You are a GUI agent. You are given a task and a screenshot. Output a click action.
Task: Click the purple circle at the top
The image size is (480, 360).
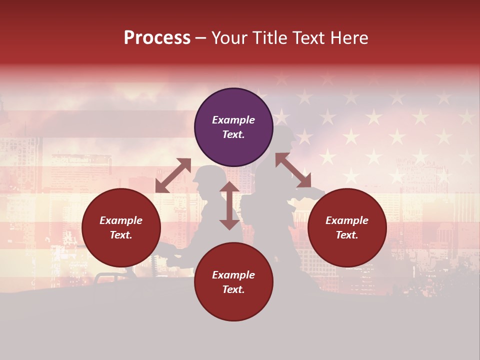pyautogui.click(x=233, y=127)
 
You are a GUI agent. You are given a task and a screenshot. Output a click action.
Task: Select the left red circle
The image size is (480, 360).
pyautogui.click(x=121, y=227)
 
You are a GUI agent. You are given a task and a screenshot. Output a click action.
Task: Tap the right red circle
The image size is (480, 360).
pyautogui.click(x=347, y=227)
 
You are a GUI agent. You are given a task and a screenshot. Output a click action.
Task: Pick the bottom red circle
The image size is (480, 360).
pyautogui.click(x=233, y=282)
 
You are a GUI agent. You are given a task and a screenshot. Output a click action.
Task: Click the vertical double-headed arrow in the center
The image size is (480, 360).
pyautogui.click(x=229, y=205)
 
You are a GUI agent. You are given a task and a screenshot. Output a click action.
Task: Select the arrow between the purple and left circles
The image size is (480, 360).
pyautogui.click(x=173, y=175)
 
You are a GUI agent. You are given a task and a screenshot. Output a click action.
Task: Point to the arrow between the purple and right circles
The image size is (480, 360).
pyautogui.click(x=293, y=170)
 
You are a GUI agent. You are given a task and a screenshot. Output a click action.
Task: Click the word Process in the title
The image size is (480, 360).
pyautogui.click(x=157, y=38)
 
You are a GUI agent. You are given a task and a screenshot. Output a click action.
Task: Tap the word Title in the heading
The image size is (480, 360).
pyautogui.click(x=270, y=38)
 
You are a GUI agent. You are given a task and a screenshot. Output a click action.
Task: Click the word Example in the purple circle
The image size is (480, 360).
pyautogui.click(x=233, y=120)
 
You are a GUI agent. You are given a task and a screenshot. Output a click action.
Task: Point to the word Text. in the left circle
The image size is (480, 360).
pyautogui.click(x=121, y=235)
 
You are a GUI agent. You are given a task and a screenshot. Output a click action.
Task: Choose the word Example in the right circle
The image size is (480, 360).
pyautogui.click(x=347, y=220)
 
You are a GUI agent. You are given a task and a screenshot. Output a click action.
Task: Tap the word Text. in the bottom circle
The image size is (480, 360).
pyautogui.click(x=233, y=289)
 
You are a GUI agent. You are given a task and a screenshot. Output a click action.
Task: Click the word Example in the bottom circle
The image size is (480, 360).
pyautogui.click(x=233, y=275)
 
